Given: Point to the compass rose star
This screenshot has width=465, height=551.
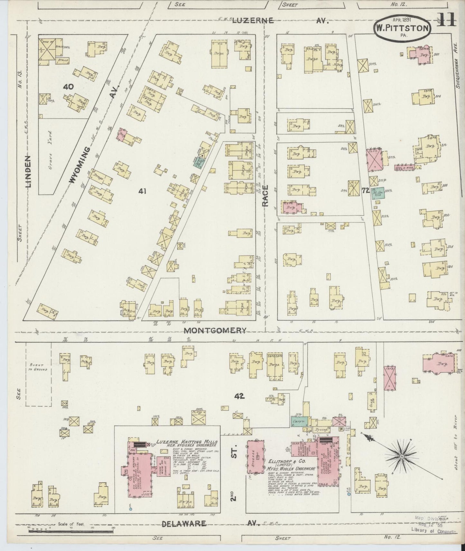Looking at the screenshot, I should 402,456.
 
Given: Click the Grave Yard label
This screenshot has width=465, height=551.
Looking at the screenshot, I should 49,142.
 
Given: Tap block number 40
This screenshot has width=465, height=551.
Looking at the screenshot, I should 68,86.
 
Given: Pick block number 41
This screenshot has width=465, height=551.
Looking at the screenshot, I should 142,191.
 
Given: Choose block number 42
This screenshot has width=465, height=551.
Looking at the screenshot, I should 240,396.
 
